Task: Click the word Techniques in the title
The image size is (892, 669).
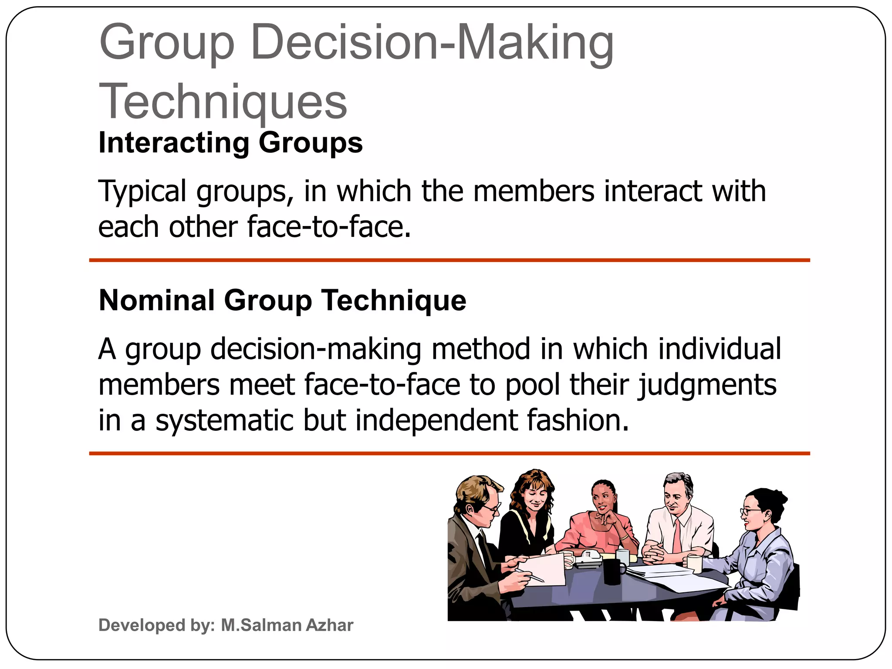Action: point(223,101)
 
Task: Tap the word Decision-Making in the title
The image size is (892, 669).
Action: point(432,42)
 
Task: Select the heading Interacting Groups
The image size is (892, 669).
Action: point(230,142)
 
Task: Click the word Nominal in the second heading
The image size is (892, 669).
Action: point(157,300)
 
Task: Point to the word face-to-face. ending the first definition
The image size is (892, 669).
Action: point(329,227)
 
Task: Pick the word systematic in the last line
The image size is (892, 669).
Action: point(225,420)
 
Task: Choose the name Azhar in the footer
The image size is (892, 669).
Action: point(329,625)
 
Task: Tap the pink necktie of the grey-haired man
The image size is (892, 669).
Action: point(677,536)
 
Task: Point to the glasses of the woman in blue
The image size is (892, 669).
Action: point(750,511)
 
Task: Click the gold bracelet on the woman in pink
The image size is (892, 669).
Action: point(624,537)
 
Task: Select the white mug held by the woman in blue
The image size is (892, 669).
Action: point(695,564)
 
